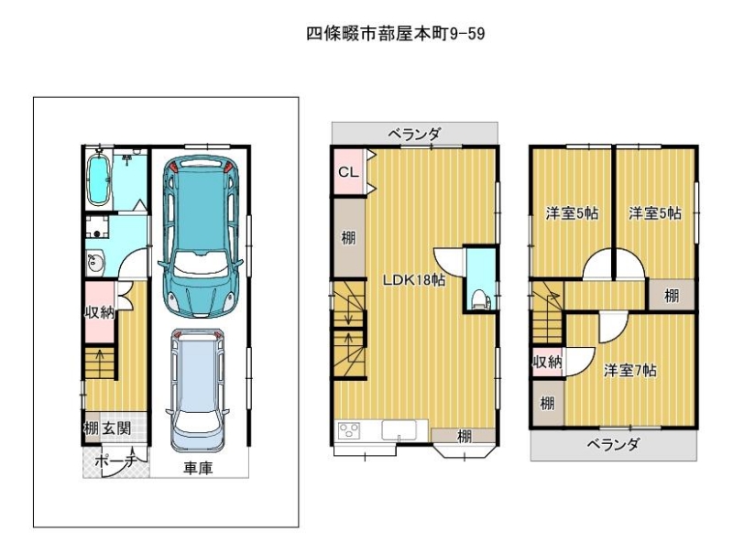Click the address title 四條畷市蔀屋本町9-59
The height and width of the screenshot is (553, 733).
coord(396,34)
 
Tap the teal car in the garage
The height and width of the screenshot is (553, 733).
coord(201,237)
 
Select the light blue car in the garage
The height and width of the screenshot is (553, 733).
coord(197,390)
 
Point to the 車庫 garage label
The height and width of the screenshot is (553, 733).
coord(198,468)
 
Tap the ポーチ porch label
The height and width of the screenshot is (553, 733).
coord(115,461)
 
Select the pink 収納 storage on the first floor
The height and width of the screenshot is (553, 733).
coord(100,311)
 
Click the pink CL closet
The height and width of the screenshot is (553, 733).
coord(349,172)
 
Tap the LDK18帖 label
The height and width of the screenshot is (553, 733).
coord(414,280)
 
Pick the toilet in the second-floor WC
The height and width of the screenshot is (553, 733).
coord(480,298)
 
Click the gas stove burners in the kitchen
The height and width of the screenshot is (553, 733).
coord(349,430)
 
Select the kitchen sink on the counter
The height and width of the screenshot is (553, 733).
coord(399,430)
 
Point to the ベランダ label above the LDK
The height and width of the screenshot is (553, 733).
coord(414,135)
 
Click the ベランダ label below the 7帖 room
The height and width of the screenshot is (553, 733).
coord(613,444)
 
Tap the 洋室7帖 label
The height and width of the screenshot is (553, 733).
coord(629,371)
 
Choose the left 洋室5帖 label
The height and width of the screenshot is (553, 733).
coord(572,213)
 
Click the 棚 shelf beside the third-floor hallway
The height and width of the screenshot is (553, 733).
coord(672,295)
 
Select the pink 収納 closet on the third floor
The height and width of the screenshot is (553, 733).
coord(548,362)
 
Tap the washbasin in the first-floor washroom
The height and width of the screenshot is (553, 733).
coord(95,264)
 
